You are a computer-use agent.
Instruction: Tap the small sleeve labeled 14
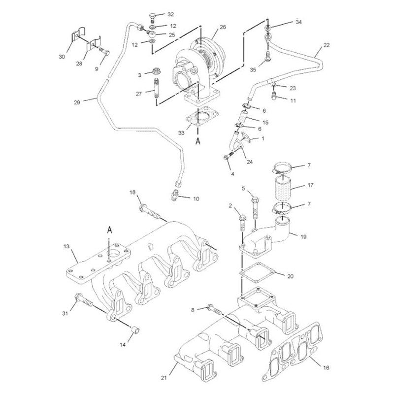(135, 329)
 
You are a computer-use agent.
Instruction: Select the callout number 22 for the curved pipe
(327, 45)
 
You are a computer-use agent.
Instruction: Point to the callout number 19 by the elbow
(303, 236)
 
